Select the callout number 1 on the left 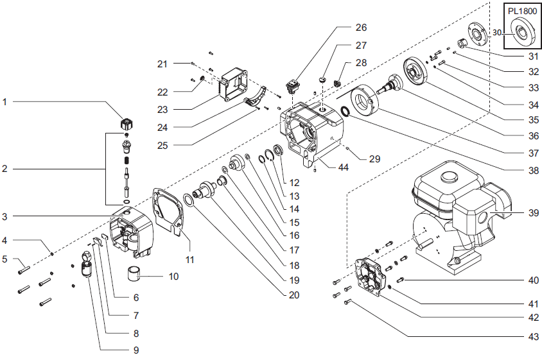coord(6,101)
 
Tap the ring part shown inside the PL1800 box coord(521,33)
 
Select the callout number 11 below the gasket coord(189,260)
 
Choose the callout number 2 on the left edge coord(6,169)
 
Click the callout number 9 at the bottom coord(136,350)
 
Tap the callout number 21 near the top coord(162,64)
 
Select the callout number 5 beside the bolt coord(6,260)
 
